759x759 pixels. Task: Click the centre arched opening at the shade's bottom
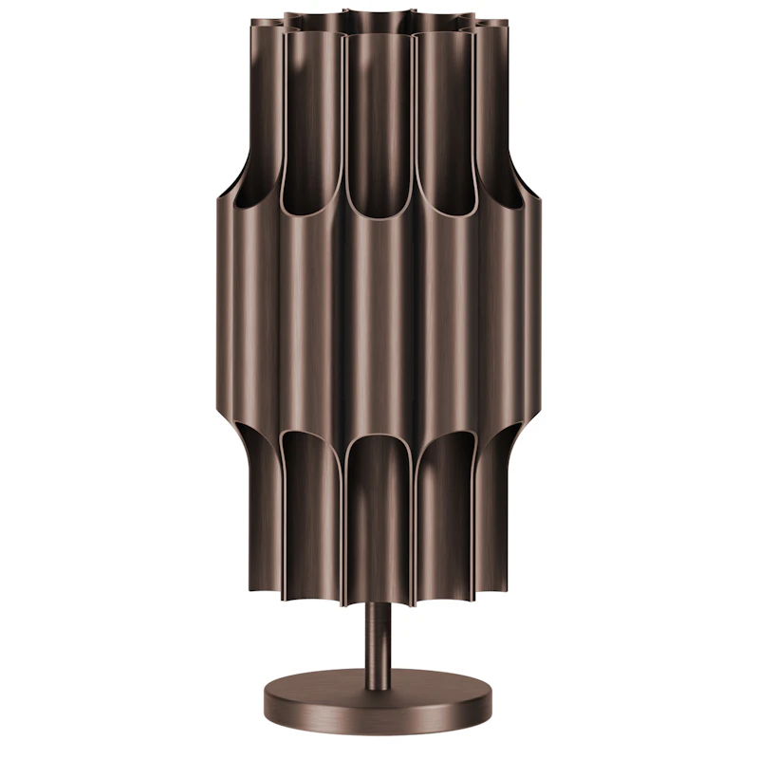click(x=379, y=512)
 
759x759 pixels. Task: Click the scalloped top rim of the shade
click(x=379, y=19)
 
